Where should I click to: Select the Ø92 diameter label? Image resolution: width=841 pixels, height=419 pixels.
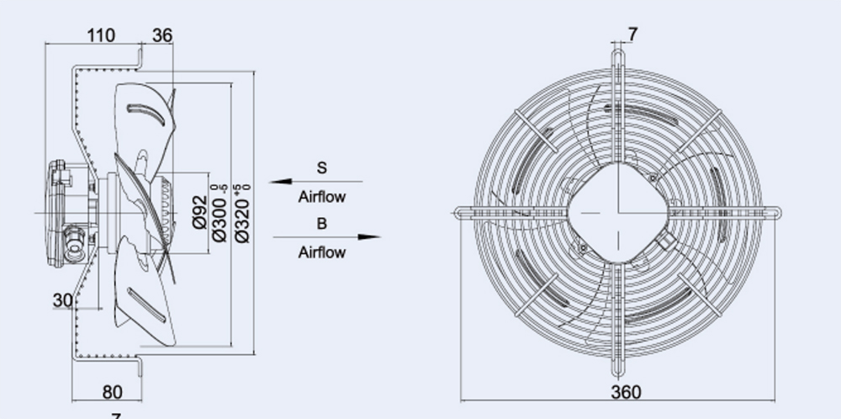(x=200, y=212)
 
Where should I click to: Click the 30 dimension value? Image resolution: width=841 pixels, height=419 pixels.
(x=62, y=300)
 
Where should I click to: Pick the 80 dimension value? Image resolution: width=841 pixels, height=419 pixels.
(x=112, y=392)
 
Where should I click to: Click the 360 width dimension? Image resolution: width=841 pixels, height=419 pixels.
(x=625, y=392)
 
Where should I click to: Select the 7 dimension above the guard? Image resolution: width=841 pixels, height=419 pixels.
(x=632, y=34)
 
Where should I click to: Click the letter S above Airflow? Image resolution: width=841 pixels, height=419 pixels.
(x=321, y=167)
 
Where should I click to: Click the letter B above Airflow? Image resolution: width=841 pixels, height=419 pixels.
(x=321, y=224)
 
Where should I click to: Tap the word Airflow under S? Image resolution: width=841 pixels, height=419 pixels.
(x=321, y=197)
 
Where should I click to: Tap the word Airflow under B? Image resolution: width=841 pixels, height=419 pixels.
(x=321, y=252)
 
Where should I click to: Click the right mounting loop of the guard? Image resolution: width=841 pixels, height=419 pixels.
(x=774, y=213)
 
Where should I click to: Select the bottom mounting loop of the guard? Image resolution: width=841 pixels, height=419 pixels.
(x=618, y=371)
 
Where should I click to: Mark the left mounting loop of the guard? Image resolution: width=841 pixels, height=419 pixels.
(x=461, y=213)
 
